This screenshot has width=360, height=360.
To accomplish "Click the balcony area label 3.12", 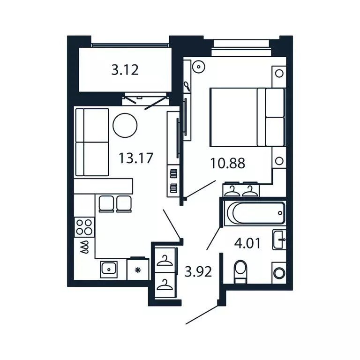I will (125, 70).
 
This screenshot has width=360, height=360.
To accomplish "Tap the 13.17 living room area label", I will (136, 157).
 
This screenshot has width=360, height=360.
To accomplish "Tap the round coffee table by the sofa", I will (126, 125).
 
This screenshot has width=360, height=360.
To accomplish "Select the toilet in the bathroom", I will (240, 271).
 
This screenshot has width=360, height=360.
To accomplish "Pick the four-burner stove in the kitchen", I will (84, 227).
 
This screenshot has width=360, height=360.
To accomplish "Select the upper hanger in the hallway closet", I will (165, 260).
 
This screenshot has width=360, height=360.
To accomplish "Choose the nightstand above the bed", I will (279, 73).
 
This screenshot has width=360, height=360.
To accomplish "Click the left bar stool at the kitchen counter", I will (105, 203).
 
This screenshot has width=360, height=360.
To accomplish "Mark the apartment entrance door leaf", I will (202, 315).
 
